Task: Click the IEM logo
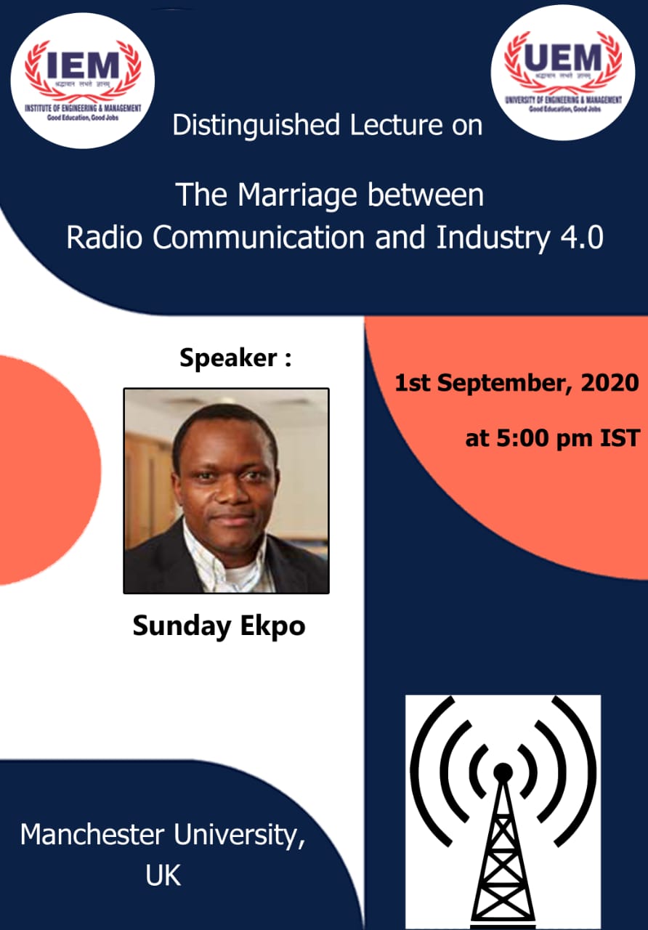(x=82, y=80)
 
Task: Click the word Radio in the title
(x=107, y=238)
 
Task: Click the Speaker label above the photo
(x=228, y=358)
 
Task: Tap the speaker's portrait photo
(x=226, y=490)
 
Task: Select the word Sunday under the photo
(x=173, y=626)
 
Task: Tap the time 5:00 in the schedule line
(x=524, y=439)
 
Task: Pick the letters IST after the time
(x=617, y=439)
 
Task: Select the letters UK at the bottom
(x=163, y=876)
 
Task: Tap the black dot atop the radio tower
(x=503, y=772)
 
